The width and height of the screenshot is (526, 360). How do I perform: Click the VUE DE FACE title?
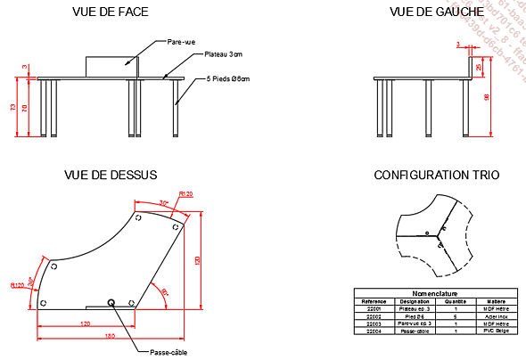(111, 12)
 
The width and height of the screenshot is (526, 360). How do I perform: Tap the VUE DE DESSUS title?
(111, 175)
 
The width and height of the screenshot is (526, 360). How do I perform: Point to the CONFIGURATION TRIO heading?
(436, 175)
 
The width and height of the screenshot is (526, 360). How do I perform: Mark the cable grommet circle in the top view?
(111, 302)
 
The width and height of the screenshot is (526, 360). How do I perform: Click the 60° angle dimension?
(164, 290)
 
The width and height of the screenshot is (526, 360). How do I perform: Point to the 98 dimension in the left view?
(487, 97)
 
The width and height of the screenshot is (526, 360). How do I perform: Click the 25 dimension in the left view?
(479, 67)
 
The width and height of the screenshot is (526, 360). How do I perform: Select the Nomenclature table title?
(434, 293)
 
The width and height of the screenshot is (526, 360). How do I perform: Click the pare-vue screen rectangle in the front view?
(112, 67)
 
